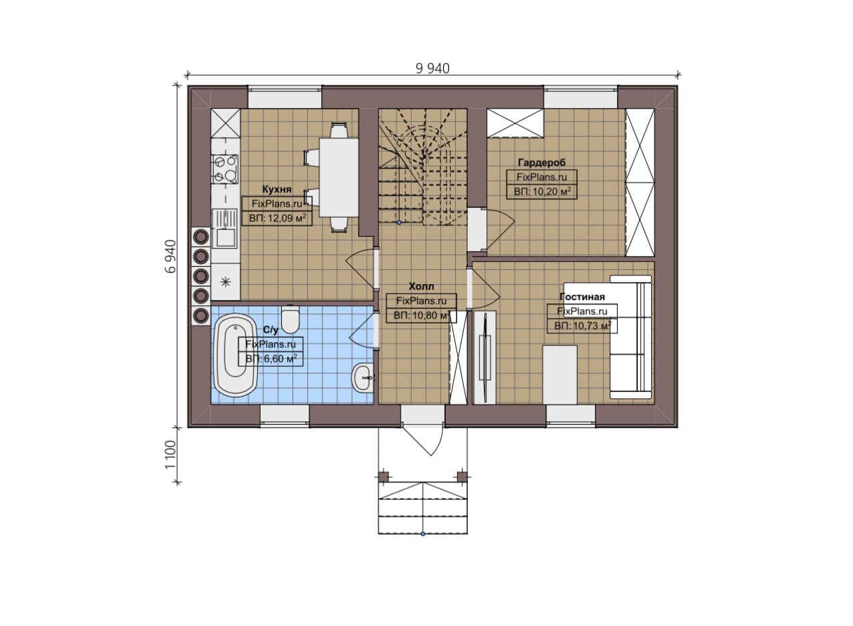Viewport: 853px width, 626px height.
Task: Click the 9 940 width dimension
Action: (x=432, y=69)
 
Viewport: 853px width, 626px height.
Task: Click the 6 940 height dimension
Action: (x=171, y=256)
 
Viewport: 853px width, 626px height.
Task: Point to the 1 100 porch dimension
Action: (x=171, y=455)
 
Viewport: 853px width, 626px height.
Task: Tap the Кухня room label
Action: (x=277, y=189)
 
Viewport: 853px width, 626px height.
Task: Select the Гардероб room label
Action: (x=542, y=162)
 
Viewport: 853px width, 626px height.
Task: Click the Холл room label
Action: (x=421, y=286)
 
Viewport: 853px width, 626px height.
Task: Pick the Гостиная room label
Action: (x=582, y=297)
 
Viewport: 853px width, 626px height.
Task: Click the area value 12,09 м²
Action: (x=278, y=218)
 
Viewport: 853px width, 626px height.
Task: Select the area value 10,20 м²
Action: (x=542, y=191)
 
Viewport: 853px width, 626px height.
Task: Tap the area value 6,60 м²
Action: (x=271, y=359)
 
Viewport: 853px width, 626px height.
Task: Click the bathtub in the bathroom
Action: (x=235, y=355)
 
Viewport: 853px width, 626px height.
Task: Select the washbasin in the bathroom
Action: (x=362, y=377)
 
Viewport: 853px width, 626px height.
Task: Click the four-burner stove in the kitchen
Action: (x=225, y=169)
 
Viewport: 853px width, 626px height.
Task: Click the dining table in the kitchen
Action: (x=339, y=177)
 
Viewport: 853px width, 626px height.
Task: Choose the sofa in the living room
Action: (x=630, y=337)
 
